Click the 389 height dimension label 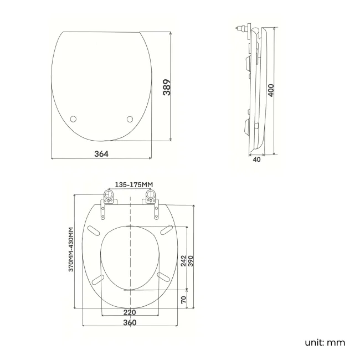[166, 88]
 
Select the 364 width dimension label [101, 153]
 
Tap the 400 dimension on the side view [271, 90]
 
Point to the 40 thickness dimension [256, 160]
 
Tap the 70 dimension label [183, 300]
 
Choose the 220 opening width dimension [130, 312]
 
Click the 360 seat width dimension [130, 322]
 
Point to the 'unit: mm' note [325, 342]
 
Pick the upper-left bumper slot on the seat [94, 230]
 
